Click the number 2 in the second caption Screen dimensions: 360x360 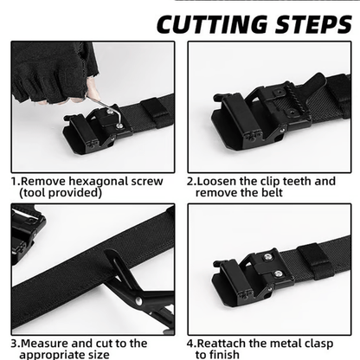[x=190, y=182]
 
